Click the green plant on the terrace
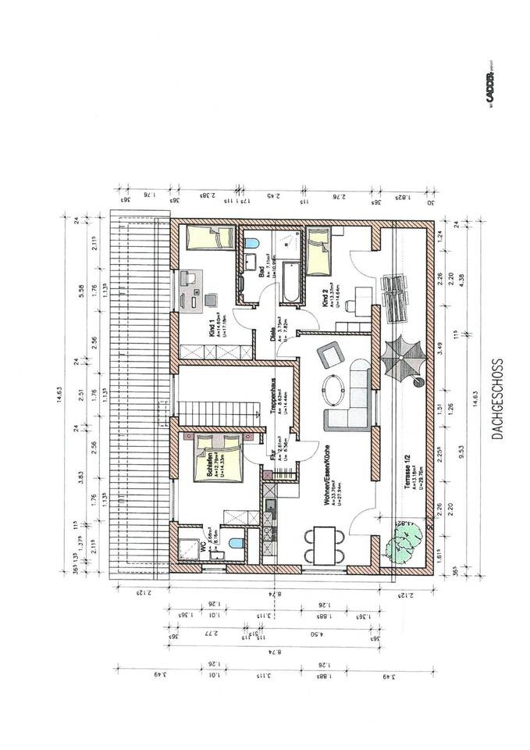point(404,539)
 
